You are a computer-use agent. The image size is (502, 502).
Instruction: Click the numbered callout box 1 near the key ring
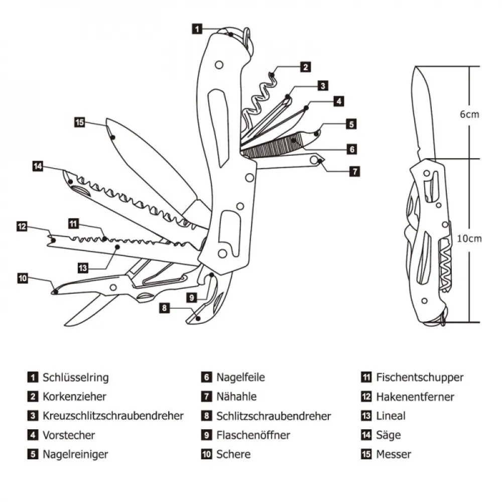click(198, 29)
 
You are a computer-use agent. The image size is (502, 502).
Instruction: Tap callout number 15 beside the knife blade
click(79, 122)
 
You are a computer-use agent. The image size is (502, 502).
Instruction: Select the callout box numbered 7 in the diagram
click(354, 171)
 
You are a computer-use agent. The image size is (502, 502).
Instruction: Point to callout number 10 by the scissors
click(23, 278)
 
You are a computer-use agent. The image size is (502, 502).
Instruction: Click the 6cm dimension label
click(469, 114)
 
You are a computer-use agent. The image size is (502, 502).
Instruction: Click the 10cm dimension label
click(469, 238)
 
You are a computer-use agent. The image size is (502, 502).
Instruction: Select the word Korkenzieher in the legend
click(75, 397)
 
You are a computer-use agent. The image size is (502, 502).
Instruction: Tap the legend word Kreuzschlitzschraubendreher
click(113, 416)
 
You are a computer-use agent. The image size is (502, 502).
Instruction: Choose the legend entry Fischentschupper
click(420, 378)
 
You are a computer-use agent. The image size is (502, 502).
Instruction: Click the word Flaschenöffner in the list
click(253, 435)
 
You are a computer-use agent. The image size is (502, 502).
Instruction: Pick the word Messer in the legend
click(394, 454)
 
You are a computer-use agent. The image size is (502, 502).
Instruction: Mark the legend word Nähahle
click(236, 397)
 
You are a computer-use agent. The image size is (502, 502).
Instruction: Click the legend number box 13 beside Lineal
click(366, 416)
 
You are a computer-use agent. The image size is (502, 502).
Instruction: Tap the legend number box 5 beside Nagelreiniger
click(33, 454)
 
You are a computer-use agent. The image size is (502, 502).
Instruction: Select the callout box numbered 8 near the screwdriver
click(164, 308)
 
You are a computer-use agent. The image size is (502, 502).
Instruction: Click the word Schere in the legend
click(233, 454)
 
